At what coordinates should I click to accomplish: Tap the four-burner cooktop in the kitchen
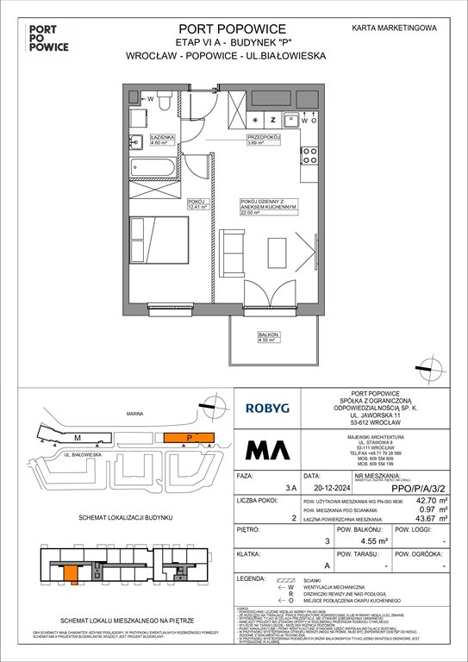[308, 156]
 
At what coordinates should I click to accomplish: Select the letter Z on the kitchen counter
[273, 120]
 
